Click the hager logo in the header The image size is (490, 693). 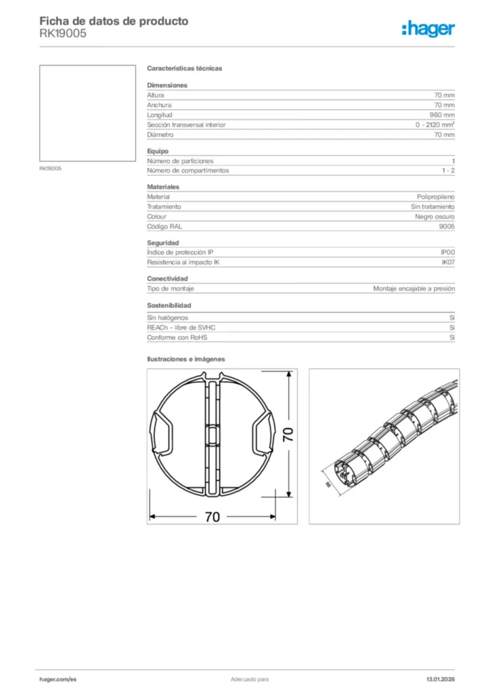coord(428,28)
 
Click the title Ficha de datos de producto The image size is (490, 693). coord(114,21)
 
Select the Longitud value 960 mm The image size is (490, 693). coord(442,115)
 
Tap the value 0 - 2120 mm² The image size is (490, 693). coord(435,125)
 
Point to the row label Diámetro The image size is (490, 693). coord(160,135)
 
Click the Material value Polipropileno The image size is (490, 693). coord(435,196)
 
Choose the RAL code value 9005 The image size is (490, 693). coord(447,226)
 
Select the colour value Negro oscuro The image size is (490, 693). coord(435,217)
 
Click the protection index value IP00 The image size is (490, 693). coord(447,252)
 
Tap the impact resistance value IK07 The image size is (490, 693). coord(447,262)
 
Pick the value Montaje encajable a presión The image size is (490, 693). coord(414,288)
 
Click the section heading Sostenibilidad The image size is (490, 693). coord(169,305)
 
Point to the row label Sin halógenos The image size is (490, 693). coord(167,317)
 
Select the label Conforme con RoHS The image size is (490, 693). coord(177,337)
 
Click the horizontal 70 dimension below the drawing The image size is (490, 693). coord(212,516)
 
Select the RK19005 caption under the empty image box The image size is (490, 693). coord(50,168)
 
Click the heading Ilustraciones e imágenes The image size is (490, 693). coord(185,359)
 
